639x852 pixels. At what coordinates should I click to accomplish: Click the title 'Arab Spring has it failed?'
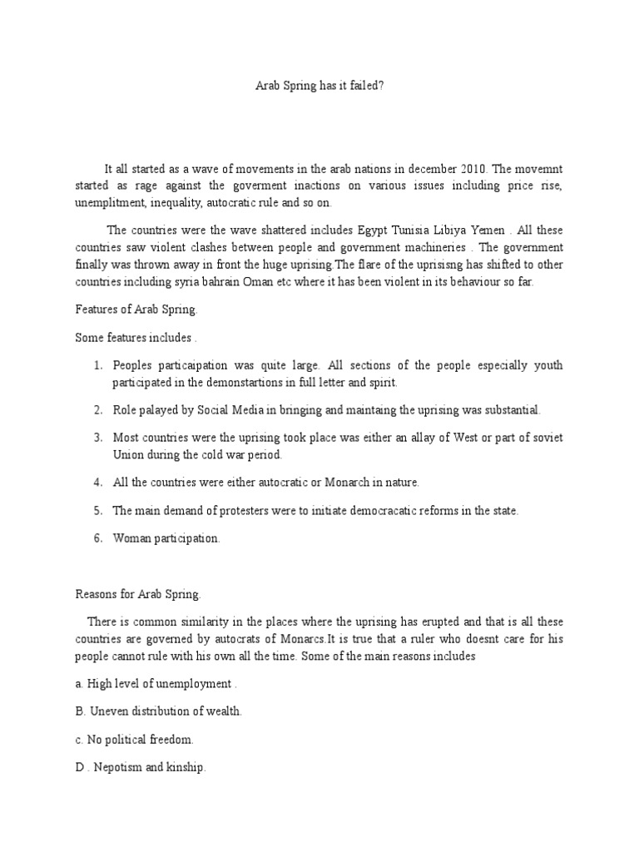click(x=319, y=85)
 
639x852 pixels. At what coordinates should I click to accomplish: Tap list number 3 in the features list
click(x=97, y=438)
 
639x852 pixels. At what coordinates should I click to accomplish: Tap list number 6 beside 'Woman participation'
click(x=97, y=538)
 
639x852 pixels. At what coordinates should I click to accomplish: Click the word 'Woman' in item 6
click(x=131, y=538)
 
